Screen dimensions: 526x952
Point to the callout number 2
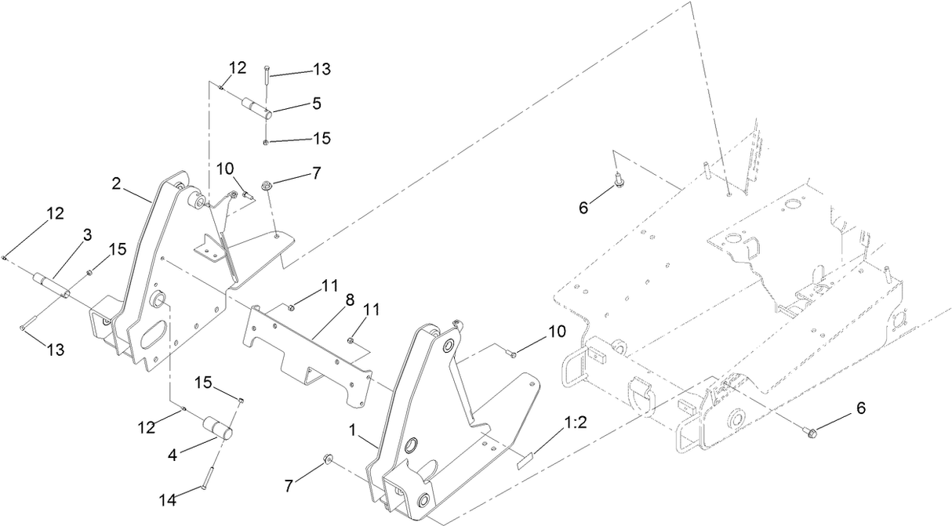pyautogui.click(x=116, y=184)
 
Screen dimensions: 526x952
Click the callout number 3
pyautogui.click(x=88, y=234)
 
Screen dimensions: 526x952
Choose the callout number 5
pyautogui.click(x=317, y=102)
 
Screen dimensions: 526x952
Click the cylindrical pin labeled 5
pyautogui.click(x=257, y=107)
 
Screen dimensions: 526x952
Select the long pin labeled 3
pyautogui.click(x=51, y=285)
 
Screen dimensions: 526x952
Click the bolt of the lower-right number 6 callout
pyautogui.click(x=810, y=429)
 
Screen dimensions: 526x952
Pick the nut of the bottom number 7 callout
pyautogui.click(x=328, y=459)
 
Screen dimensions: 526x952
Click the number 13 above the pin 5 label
pyautogui.click(x=321, y=69)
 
